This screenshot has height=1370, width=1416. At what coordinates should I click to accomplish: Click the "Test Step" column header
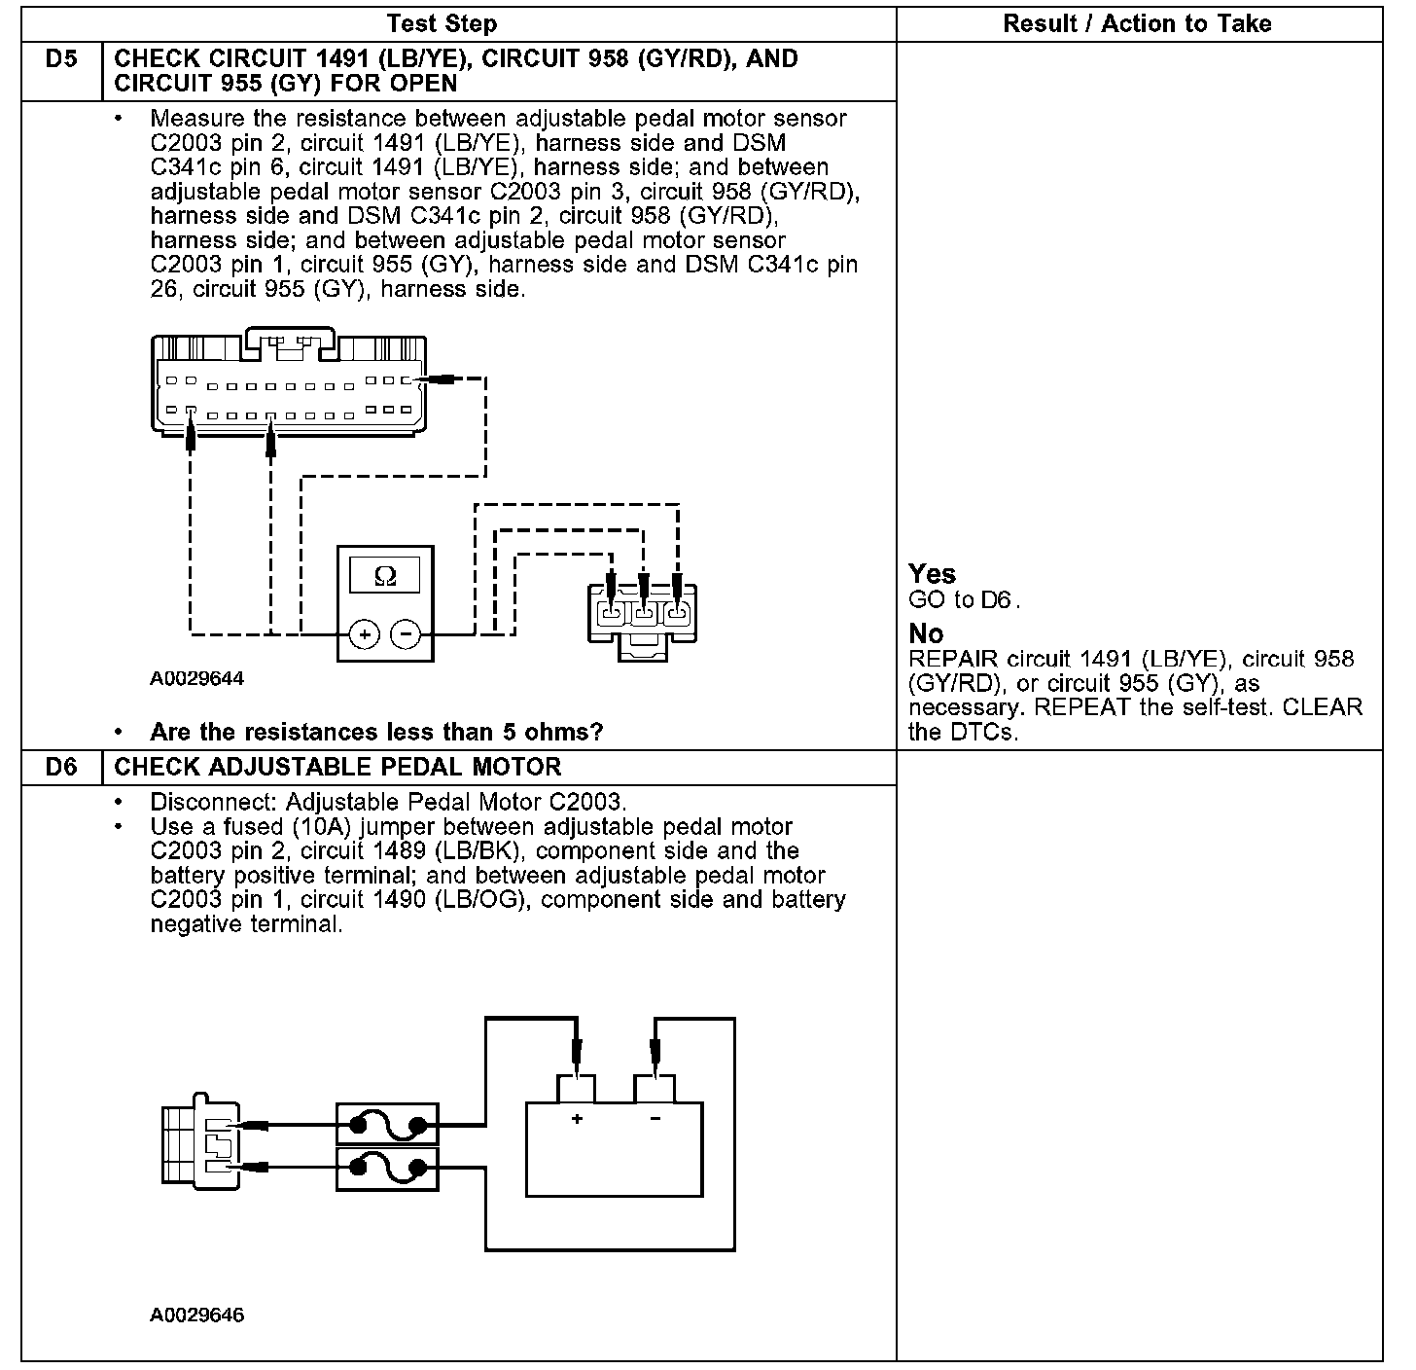point(442,24)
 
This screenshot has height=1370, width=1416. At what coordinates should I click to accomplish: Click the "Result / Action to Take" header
point(1137,24)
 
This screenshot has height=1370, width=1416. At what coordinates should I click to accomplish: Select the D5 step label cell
point(61,59)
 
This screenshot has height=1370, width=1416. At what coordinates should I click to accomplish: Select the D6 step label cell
point(61,768)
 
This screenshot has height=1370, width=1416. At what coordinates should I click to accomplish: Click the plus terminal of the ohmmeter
point(365,635)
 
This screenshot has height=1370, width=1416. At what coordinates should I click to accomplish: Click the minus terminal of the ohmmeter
point(406,635)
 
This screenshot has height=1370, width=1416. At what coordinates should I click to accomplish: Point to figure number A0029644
point(196,679)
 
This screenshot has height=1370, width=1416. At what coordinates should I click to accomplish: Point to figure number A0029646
point(196,1316)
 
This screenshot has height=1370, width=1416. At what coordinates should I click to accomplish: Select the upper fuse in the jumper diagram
point(387,1125)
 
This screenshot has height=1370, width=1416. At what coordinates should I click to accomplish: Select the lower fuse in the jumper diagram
point(387,1168)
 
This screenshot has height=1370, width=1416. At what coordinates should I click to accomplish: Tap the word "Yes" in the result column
point(932,574)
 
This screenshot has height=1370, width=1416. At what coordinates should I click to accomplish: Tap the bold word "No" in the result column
point(926,634)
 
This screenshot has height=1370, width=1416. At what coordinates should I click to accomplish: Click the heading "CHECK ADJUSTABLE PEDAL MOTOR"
point(337,768)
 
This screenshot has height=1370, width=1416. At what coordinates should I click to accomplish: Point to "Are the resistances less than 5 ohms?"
point(376,732)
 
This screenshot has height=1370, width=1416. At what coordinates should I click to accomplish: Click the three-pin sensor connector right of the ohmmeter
point(642,620)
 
